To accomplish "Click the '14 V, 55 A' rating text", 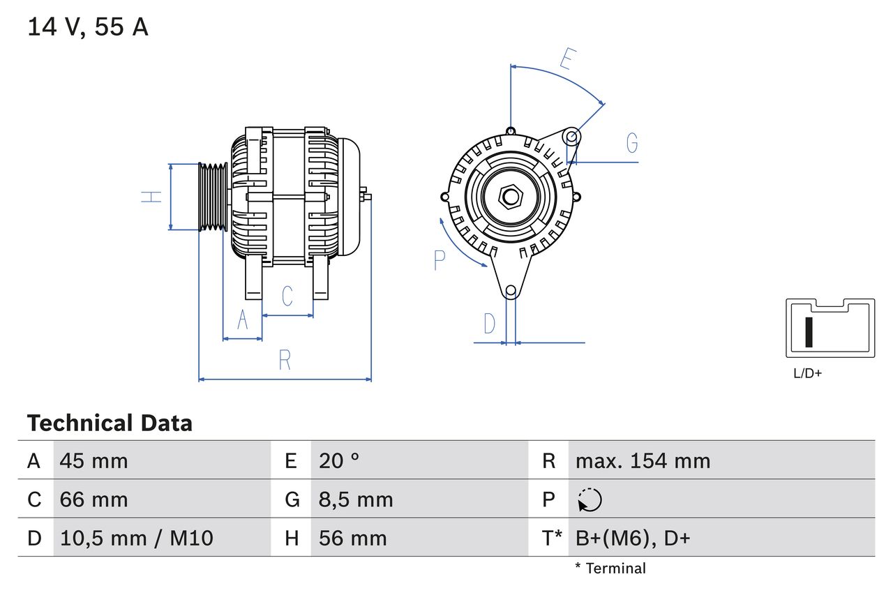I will tap(87, 27).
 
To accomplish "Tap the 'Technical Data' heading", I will tap(110, 423).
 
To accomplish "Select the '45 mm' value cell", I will tap(93, 460).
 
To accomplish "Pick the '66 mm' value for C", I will tap(93, 499).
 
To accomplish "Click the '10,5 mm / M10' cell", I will tap(137, 538).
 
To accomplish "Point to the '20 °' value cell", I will tap(339, 460).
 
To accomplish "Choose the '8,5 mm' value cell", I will tap(356, 499).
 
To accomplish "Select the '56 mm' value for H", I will tap(352, 538).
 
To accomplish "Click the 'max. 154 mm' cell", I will tap(643, 460).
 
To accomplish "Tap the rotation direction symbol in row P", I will tap(590, 499).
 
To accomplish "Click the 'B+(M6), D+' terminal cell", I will tap(633, 538).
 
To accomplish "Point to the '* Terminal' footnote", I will tap(610, 568).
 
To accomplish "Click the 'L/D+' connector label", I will tap(807, 373).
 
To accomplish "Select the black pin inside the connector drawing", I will tap(809, 332).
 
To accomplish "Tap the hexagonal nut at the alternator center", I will tap(511, 197).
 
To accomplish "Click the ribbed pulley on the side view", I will tap(213, 197).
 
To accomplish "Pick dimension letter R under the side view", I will tap(285, 361).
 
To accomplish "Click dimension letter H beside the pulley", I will tap(151, 197).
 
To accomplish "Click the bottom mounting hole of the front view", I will tap(511, 290).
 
